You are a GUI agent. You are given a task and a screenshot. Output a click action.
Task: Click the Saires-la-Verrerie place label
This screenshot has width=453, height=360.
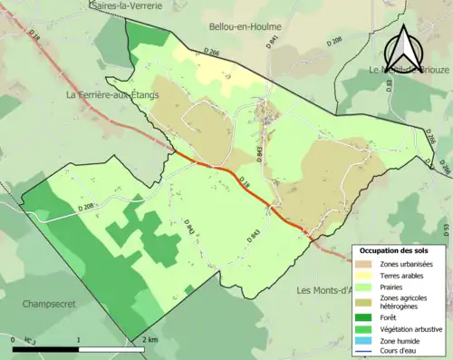(x=126, y=5)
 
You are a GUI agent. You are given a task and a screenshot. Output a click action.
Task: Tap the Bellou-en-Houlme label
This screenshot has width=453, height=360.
(x=246, y=27)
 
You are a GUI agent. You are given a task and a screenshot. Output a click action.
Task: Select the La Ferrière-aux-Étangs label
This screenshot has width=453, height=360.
(x=114, y=94)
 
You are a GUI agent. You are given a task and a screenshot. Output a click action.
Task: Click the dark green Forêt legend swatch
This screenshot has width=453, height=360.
(x=367, y=318)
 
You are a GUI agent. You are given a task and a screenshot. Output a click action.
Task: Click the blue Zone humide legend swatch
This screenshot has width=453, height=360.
(x=367, y=341)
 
